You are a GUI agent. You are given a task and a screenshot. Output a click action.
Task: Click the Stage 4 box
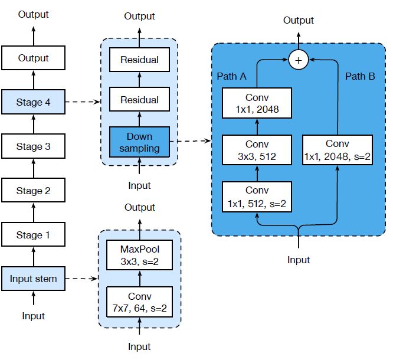33,102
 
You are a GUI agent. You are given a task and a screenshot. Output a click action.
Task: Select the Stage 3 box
33,146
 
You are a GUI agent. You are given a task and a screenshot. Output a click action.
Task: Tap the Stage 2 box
33,190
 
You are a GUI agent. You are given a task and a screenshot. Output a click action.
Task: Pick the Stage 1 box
33,234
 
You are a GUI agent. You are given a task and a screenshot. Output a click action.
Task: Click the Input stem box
33,279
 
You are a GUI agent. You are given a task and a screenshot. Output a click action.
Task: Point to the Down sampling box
140,142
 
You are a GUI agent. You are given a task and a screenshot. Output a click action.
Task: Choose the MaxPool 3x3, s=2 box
140,255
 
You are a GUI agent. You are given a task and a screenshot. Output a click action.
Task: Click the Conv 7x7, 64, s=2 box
140,302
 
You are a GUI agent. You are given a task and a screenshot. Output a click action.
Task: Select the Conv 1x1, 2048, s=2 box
338,150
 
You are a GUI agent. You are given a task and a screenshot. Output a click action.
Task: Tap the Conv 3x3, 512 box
257,150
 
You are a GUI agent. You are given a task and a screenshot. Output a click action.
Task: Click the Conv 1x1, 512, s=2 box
257,197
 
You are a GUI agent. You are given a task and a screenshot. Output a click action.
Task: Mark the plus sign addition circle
298,60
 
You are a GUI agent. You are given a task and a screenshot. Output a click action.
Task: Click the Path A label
231,76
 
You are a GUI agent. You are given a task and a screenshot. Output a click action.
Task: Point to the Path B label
360,76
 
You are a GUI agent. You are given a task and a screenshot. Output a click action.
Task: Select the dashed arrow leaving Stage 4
83,102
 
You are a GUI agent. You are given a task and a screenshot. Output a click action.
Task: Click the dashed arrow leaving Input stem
81,279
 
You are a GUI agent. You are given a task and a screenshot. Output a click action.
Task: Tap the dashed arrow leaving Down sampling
191,141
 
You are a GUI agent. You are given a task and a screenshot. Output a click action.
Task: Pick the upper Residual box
140,60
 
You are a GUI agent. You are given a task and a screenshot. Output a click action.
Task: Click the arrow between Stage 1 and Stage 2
34,212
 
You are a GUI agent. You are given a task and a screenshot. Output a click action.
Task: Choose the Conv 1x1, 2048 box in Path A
257,103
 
